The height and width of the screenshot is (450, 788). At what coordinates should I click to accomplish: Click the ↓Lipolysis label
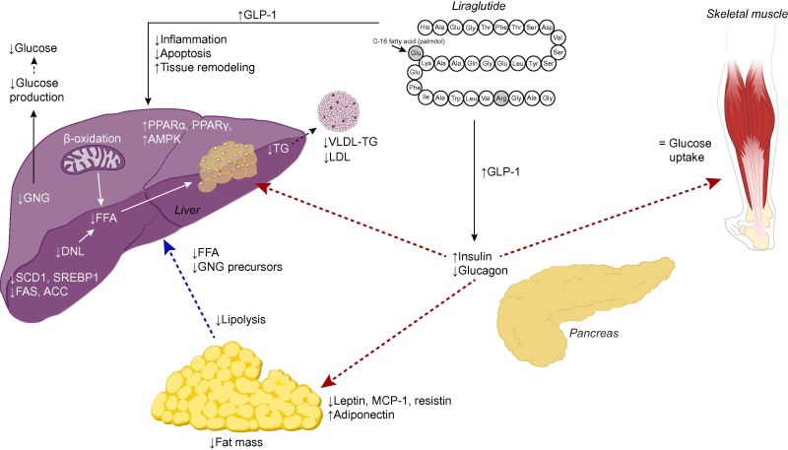pyautogui.click(x=243, y=321)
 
